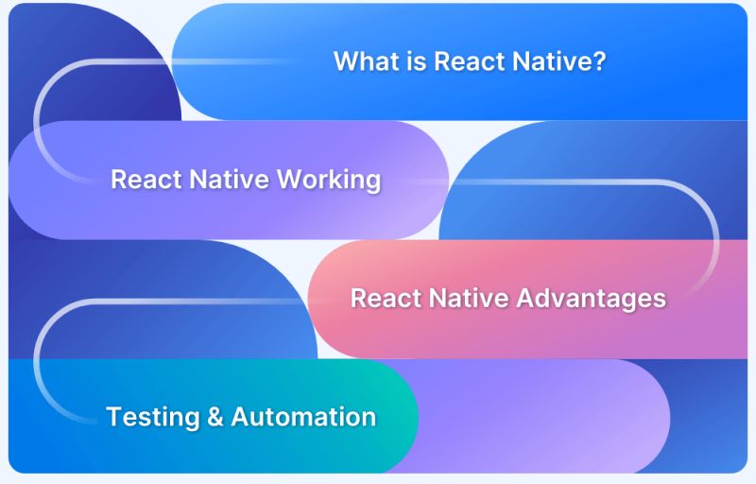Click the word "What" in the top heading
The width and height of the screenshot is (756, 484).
(x=363, y=62)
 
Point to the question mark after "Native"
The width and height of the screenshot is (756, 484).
(x=598, y=62)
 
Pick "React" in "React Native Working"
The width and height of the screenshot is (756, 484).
(x=142, y=180)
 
